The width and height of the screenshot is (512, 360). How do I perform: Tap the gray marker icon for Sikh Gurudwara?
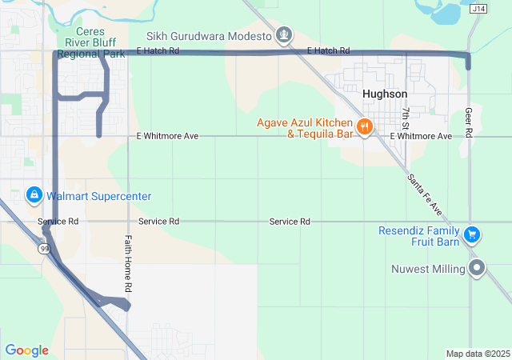tap(283, 34)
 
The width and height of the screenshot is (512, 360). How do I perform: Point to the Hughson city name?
tap(385, 94)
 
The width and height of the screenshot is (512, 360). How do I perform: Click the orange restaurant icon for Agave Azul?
tap(364, 127)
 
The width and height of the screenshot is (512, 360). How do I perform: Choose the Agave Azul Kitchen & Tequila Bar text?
tap(305, 128)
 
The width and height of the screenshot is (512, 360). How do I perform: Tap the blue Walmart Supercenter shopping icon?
tap(34, 194)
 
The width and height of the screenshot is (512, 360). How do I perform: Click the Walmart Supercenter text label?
tap(98, 196)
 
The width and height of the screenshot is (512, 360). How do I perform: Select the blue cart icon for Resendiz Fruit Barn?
tap(472, 234)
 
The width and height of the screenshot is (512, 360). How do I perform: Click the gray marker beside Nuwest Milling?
tap(478, 268)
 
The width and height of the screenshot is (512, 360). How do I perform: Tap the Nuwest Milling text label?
tap(429, 269)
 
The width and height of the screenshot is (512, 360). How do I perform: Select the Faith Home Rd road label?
tap(127, 263)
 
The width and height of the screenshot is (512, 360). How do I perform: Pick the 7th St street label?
tap(406, 118)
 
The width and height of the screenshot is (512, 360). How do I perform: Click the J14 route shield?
tap(478, 8)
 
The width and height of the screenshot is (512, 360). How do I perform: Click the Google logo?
tap(26, 350)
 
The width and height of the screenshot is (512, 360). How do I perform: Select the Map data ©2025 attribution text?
tap(477, 354)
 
